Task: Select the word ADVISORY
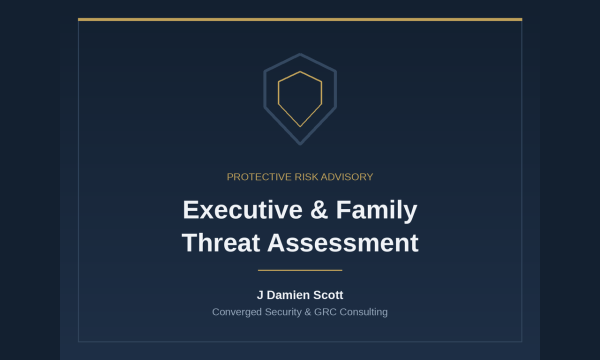tap(347, 177)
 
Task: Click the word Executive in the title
tap(243, 210)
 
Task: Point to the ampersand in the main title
tap(319, 210)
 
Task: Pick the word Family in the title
tap(377, 210)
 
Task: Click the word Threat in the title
tap(221, 243)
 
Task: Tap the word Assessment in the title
tap(343, 243)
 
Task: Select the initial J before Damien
tap(260, 295)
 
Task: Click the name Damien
tap(288, 295)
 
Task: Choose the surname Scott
tap(328, 295)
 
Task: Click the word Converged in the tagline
tap(237, 312)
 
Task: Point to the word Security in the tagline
tap(283, 312)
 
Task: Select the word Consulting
tap(364, 312)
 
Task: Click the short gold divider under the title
tap(300, 270)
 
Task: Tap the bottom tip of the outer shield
tap(300, 145)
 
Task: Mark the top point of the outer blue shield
tap(300, 54)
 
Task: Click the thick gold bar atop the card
tap(300, 20)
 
